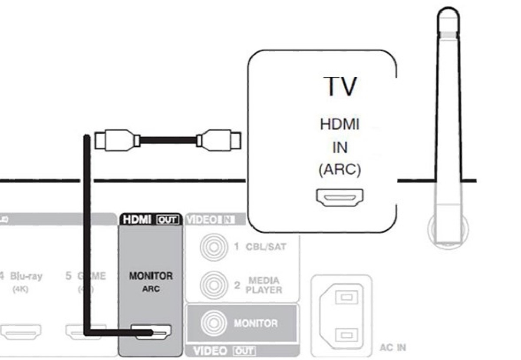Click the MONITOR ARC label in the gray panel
coord(151,281)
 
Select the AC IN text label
coord(392,348)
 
